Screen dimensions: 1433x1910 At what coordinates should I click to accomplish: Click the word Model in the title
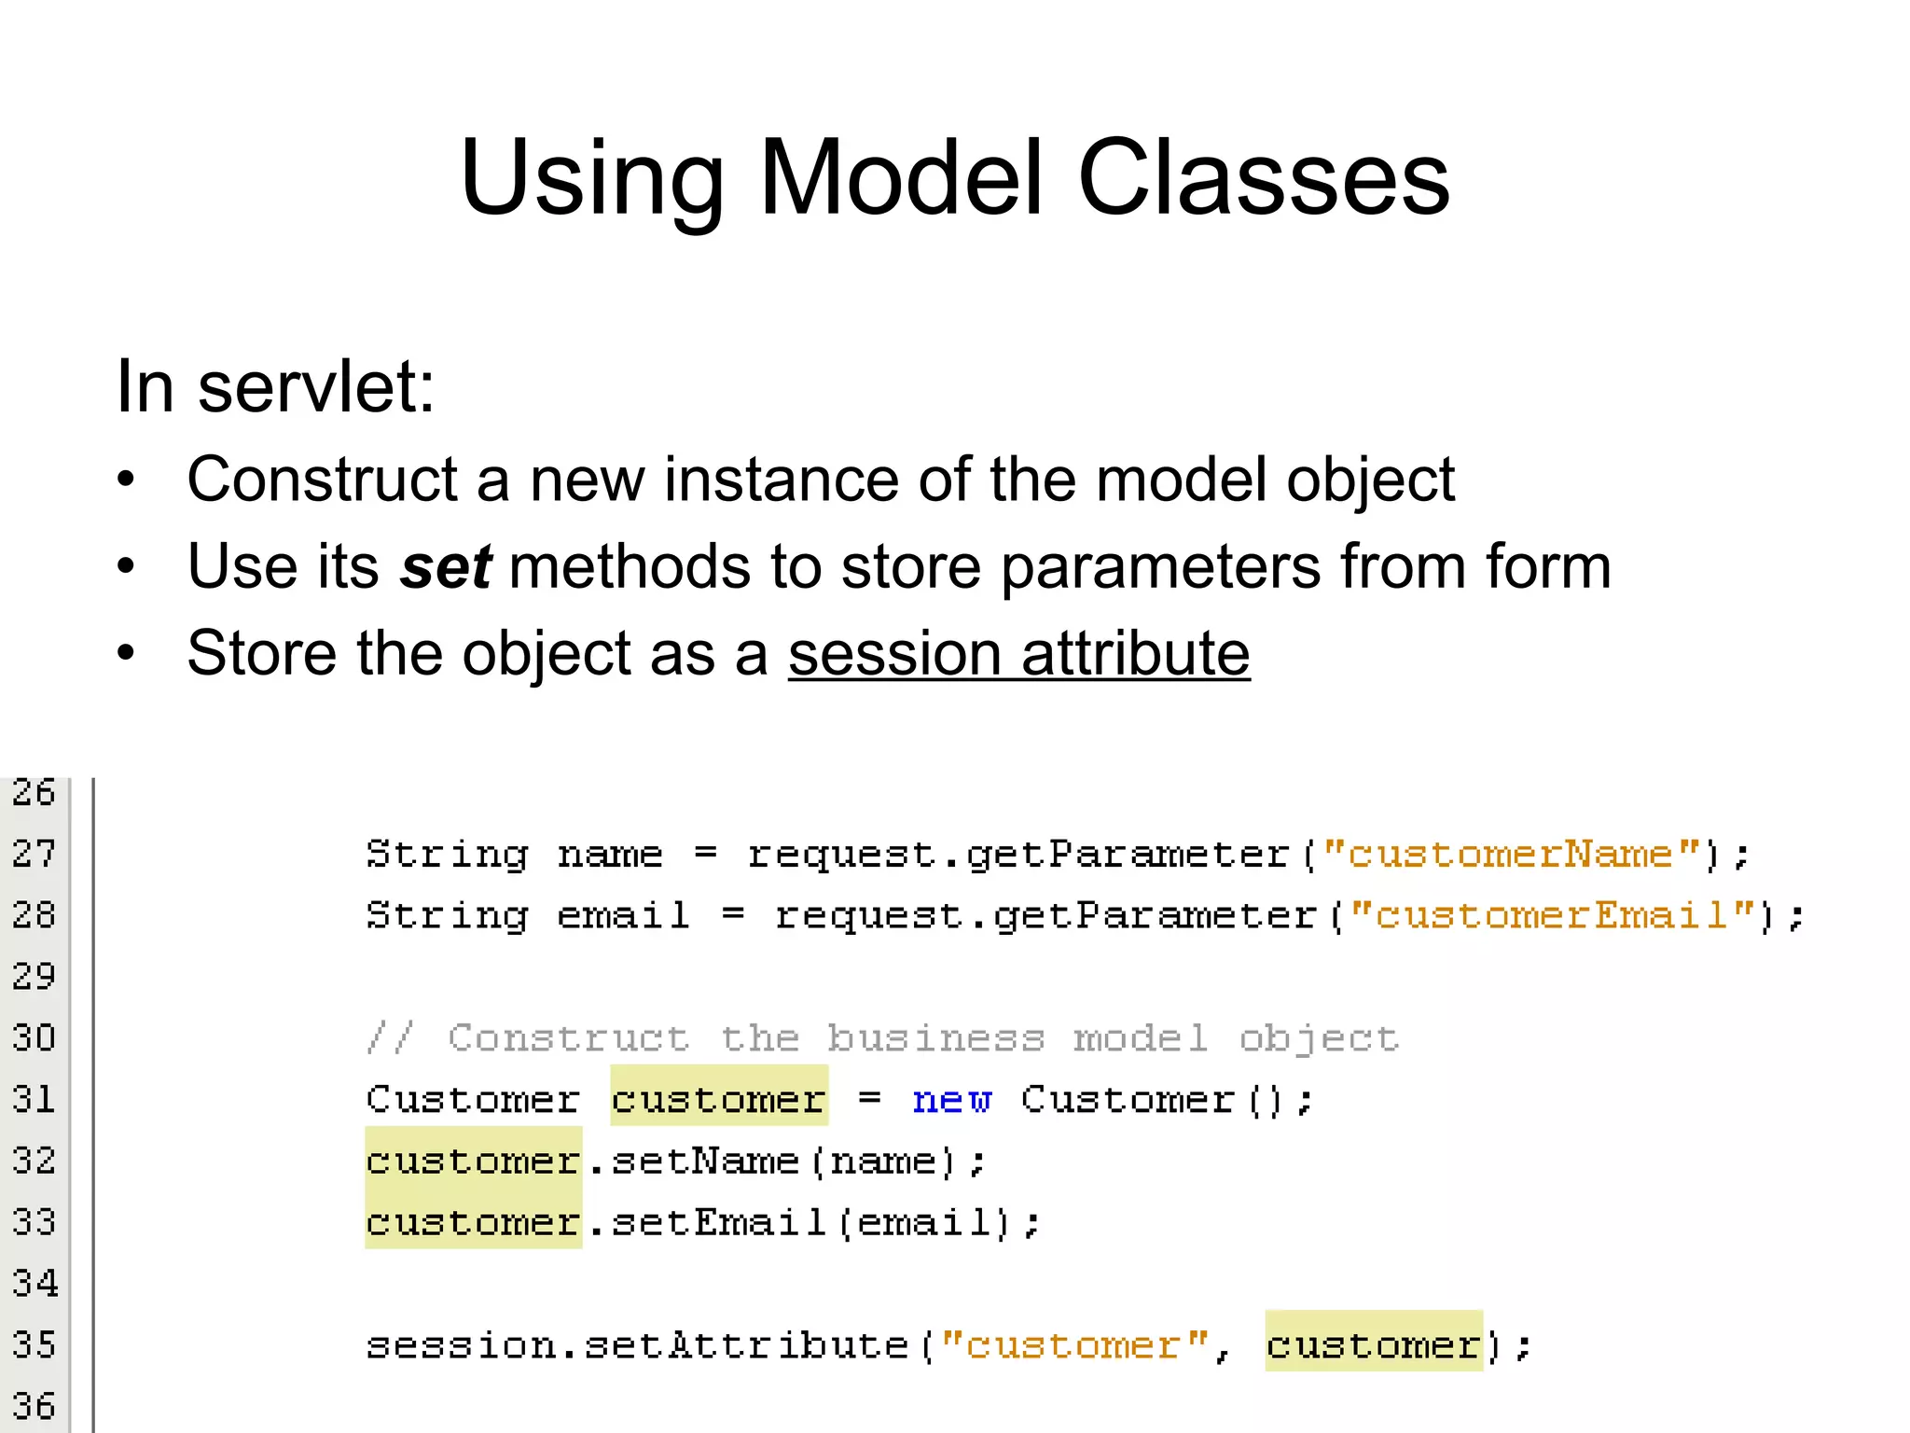pyautogui.click(x=901, y=177)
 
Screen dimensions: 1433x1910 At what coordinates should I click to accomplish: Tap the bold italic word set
pyautogui.click(x=446, y=566)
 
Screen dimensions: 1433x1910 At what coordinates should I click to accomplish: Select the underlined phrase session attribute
pyautogui.click(x=1018, y=653)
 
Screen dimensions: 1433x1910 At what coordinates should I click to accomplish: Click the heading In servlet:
pyautogui.click(x=275, y=386)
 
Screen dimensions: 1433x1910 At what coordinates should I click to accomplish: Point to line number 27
pyautogui.click(x=35, y=854)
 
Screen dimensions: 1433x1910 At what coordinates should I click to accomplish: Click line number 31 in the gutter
pyautogui.click(x=35, y=1099)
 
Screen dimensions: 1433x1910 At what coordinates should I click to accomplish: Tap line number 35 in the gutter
pyautogui.click(x=35, y=1344)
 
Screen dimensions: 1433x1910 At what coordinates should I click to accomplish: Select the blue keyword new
pyautogui.click(x=951, y=1100)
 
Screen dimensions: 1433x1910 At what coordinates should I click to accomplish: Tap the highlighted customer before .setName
pyautogui.click(x=473, y=1161)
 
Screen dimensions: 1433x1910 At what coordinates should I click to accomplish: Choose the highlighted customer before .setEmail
pyautogui.click(x=473, y=1222)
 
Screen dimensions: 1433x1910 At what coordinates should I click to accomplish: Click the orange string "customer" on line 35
pyautogui.click(x=1074, y=1345)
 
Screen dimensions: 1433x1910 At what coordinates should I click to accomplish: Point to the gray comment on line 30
pyautogui.click(x=881, y=1038)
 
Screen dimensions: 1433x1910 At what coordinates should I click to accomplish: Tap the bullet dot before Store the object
pyautogui.click(x=126, y=653)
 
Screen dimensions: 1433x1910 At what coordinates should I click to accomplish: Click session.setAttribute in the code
pyautogui.click(x=637, y=1345)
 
